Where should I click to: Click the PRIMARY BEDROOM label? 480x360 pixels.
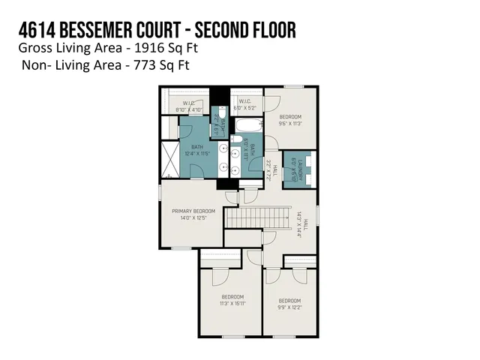tap(193, 211)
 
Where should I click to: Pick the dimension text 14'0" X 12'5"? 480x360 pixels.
tap(193, 219)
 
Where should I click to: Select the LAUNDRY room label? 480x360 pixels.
tap(302, 171)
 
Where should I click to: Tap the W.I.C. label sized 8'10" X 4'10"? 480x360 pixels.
tap(185, 105)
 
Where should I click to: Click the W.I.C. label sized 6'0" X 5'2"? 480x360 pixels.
tap(244, 103)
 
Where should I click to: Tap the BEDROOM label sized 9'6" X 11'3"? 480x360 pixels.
tap(290, 116)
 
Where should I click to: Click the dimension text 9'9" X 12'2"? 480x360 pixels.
tap(289, 306)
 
